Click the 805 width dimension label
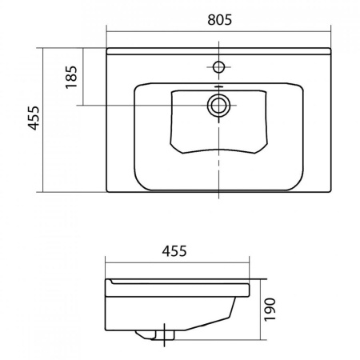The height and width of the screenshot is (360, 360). coord(220,20)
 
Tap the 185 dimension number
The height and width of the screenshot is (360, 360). coord(71,77)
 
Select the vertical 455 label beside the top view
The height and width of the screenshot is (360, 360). coord(34,118)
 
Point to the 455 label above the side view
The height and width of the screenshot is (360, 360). coord(174,251)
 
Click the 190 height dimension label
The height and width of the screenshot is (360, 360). coord(270,310)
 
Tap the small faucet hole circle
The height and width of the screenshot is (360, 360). coord(218,66)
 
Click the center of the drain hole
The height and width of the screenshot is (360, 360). coord(218,106)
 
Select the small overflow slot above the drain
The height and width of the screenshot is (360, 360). coord(218,86)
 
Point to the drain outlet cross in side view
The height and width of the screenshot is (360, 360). coord(165,334)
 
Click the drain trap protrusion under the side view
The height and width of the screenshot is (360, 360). coord(154,335)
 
